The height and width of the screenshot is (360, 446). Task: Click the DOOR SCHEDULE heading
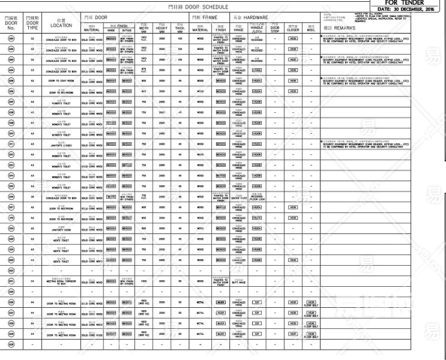[x=197, y=7]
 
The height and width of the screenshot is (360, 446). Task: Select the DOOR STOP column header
[x=275, y=27]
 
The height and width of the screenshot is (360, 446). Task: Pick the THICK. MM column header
[x=180, y=27]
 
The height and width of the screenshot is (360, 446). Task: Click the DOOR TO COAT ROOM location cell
[x=61, y=80]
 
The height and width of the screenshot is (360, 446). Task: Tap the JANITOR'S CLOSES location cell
[x=61, y=145]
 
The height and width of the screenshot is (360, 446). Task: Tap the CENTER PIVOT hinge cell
[x=239, y=197]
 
